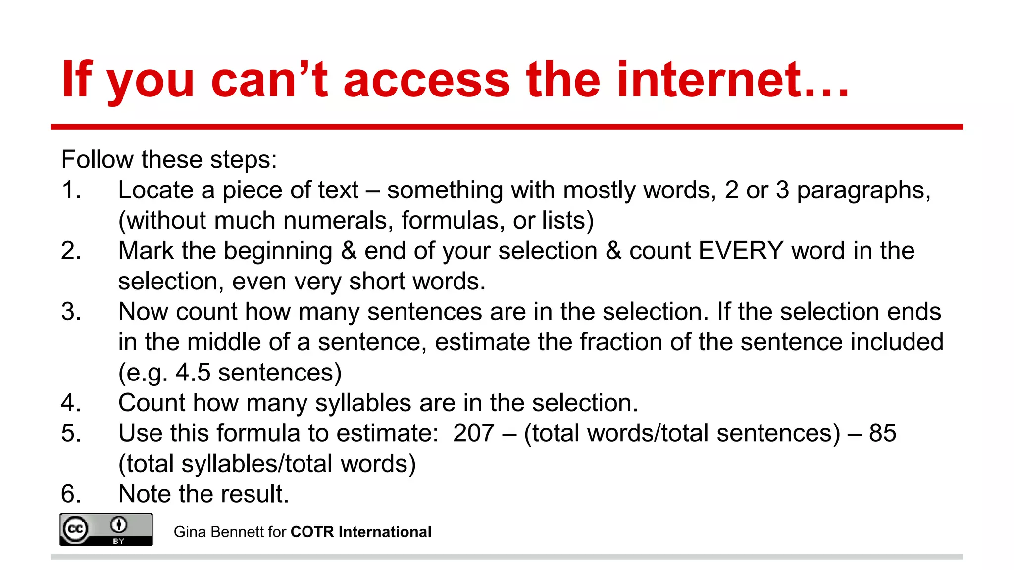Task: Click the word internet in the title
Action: [x=733, y=79]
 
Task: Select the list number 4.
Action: [x=71, y=403]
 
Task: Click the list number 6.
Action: [x=71, y=494]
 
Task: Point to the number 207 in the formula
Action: [x=473, y=433]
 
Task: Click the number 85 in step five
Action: [x=882, y=433]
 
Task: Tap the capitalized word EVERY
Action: [x=741, y=251]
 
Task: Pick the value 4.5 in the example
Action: [x=193, y=373]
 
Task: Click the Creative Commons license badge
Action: [x=106, y=529]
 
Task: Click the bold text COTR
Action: [x=312, y=532]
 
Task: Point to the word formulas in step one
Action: [x=447, y=221]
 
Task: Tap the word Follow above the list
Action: [x=97, y=160]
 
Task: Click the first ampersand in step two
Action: [x=349, y=251]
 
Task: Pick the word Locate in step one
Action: [x=155, y=190]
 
